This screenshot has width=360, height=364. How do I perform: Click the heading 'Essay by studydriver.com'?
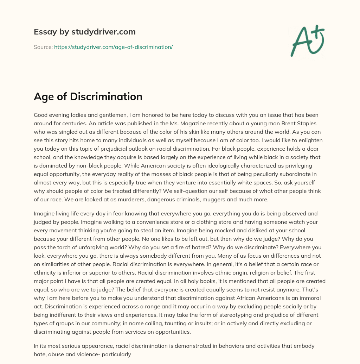click(85, 32)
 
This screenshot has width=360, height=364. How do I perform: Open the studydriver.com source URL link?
click(113, 47)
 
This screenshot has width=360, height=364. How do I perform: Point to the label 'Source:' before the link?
click(43, 47)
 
